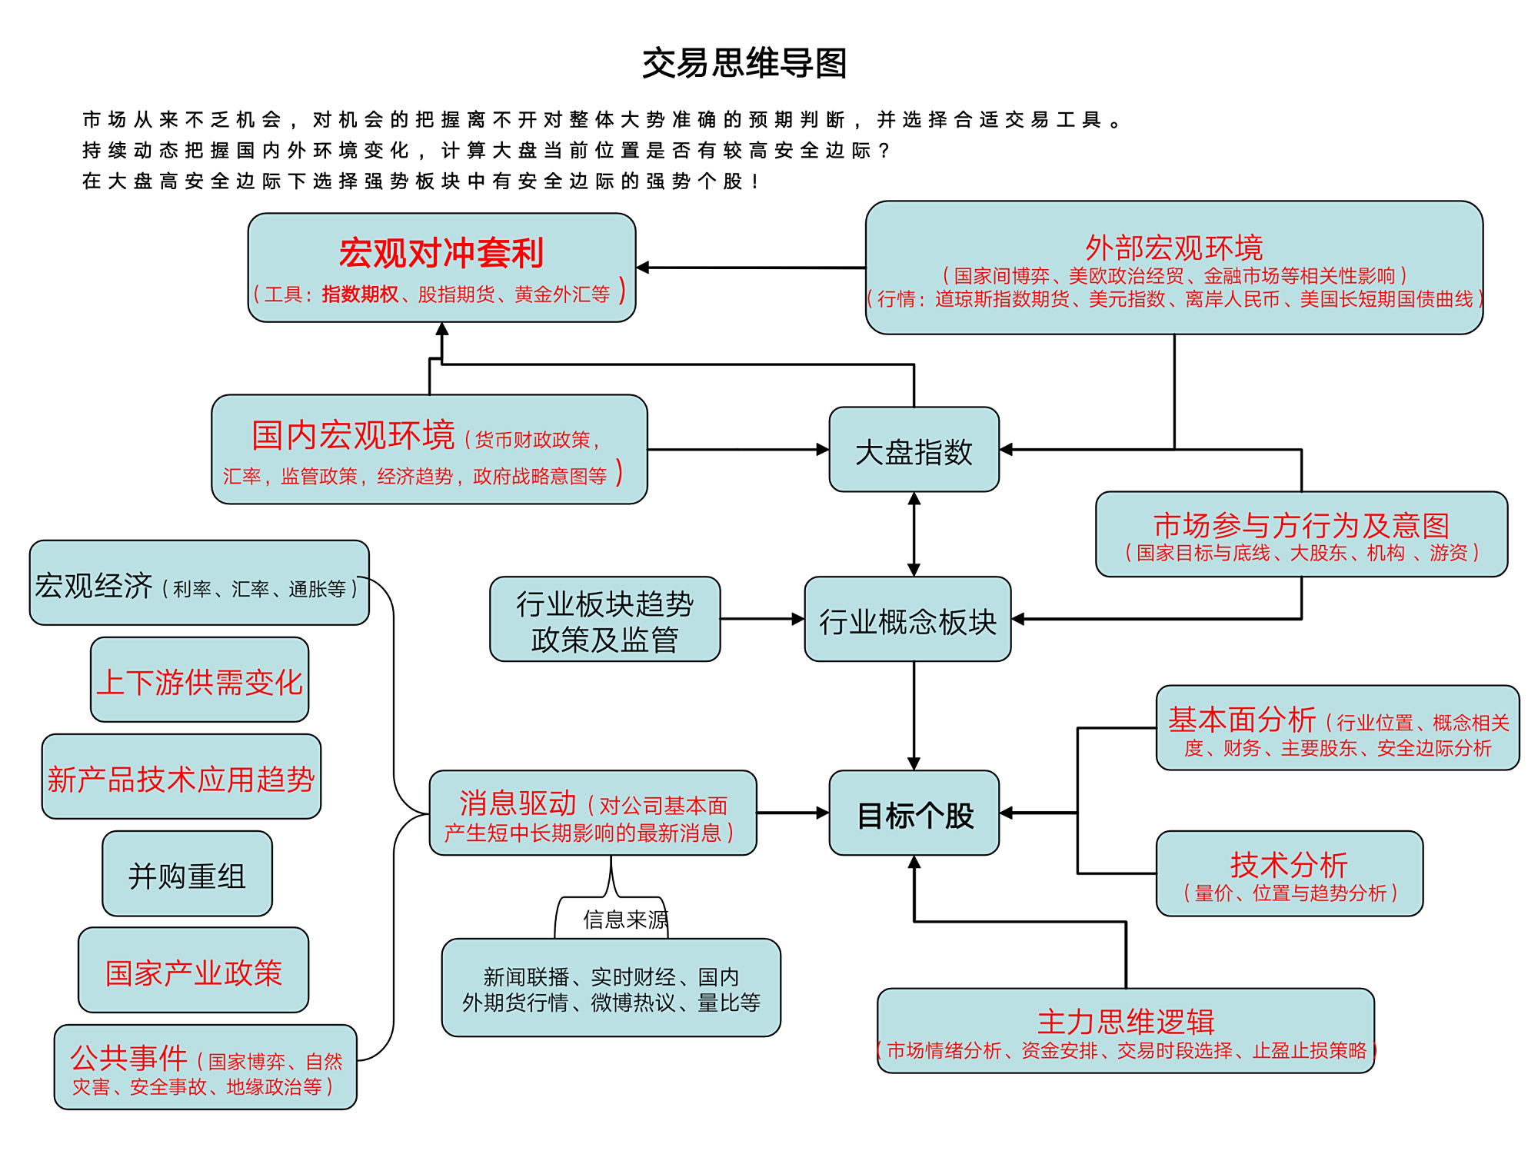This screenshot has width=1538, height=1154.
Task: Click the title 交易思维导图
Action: point(744,63)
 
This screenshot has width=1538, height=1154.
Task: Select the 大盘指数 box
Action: point(914,451)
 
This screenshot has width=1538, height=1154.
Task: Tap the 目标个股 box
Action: point(914,813)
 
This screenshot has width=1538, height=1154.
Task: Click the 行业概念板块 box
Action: point(907,620)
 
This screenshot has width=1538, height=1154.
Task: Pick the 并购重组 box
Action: point(187,874)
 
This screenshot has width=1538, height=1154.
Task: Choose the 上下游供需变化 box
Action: point(199,680)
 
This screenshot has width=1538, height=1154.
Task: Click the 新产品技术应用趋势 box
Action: point(181,777)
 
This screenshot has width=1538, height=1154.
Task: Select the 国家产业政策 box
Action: point(193,971)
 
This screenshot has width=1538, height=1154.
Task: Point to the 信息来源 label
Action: point(624,920)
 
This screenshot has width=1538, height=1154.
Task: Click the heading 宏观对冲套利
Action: point(441,252)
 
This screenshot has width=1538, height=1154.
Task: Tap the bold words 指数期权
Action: point(360,294)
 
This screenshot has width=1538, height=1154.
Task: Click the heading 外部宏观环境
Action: point(1173,248)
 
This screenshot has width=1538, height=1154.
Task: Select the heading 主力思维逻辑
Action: point(1125,1021)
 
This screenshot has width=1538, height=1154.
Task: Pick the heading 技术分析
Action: point(1289,864)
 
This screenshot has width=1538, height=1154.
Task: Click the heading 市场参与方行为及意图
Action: point(1301,525)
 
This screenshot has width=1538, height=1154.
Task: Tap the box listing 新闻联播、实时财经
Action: point(611,989)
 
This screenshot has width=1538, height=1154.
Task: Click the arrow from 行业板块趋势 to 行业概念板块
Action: point(762,619)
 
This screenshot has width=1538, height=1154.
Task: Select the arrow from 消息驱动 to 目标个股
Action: point(792,813)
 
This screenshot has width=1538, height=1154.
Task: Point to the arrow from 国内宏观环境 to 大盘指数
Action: point(737,450)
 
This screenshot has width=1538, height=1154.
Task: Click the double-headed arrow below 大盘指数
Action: point(914,534)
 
